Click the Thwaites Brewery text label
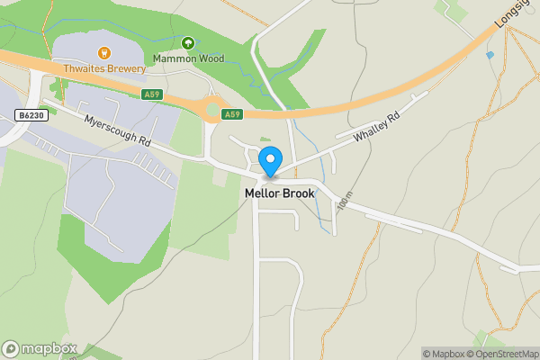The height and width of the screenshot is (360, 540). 103,68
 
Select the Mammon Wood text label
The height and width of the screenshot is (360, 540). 187,58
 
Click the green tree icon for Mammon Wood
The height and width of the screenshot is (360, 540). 187,42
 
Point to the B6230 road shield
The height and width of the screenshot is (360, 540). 31,115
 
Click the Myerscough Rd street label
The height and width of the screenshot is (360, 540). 118,132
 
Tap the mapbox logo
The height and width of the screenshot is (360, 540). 40,348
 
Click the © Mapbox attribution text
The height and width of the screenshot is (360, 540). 446,354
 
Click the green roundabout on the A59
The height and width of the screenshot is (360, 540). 212,111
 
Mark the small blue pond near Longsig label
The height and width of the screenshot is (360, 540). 490,55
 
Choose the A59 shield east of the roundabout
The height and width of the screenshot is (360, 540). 232,114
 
